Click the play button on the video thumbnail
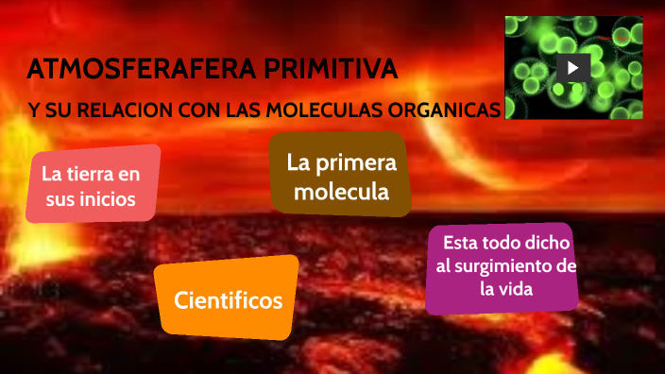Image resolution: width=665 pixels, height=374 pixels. click(x=572, y=68)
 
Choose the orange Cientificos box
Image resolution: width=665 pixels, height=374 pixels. click(x=229, y=301)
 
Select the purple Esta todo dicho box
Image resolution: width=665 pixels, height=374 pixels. click(x=501, y=266)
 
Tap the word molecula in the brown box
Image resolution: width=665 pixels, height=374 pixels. click(x=341, y=192)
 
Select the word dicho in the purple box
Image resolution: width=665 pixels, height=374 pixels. click(x=548, y=244)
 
